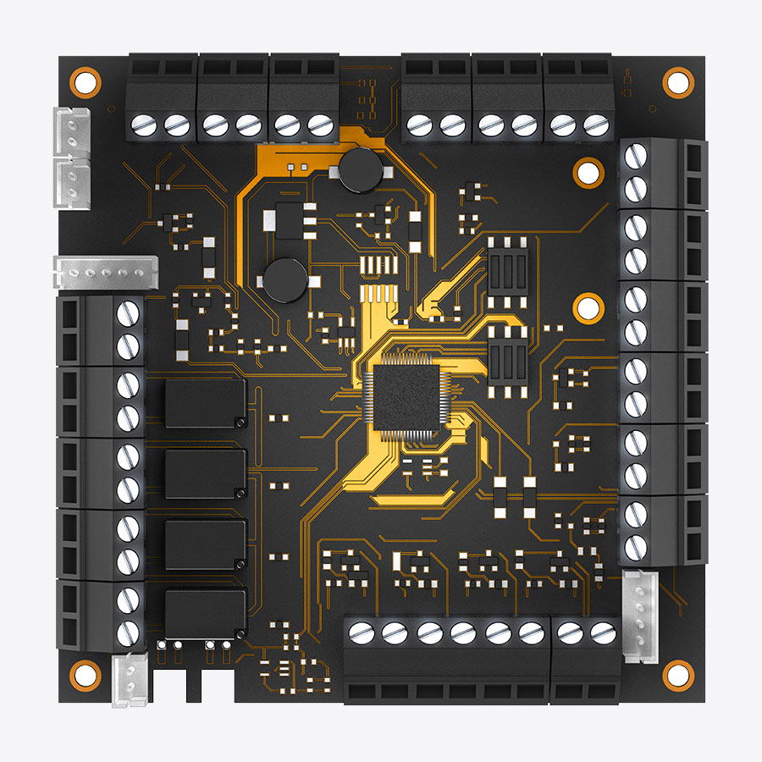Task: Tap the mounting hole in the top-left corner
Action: pos(84,81)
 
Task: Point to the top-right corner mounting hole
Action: pos(676,81)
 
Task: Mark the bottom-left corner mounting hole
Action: pos(84,674)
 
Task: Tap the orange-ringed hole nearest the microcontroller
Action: pos(585,306)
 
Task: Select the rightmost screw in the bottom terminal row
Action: pos(603,631)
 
